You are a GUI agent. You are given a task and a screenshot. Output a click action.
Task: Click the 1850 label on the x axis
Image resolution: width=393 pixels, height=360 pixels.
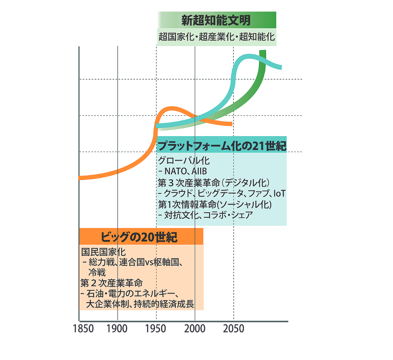(x=83, y=328)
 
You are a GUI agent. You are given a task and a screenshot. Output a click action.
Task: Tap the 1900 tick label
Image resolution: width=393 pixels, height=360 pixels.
(x=117, y=328)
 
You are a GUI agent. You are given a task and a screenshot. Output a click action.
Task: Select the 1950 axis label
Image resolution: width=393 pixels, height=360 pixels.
(x=156, y=328)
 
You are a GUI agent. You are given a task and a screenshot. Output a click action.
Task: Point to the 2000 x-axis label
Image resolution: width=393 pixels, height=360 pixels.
(x=195, y=328)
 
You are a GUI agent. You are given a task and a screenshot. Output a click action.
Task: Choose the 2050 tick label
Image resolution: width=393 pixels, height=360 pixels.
(x=233, y=328)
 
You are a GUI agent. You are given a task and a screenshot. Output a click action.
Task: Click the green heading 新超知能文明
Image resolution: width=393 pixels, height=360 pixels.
(x=216, y=20)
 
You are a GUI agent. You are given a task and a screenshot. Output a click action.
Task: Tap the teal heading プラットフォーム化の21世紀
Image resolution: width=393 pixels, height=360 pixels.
(x=222, y=146)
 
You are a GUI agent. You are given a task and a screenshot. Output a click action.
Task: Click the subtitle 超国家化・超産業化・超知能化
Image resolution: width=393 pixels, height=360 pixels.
(x=216, y=37)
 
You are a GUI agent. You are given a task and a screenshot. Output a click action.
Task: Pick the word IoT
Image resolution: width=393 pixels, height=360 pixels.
(x=280, y=193)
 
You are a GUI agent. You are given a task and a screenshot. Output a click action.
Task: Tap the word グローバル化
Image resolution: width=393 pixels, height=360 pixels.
(x=178, y=160)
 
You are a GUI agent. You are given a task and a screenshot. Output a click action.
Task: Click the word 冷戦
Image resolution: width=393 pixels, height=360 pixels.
(x=97, y=272)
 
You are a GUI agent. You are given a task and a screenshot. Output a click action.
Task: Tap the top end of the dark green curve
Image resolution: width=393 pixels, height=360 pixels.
(x=263, y=51)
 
